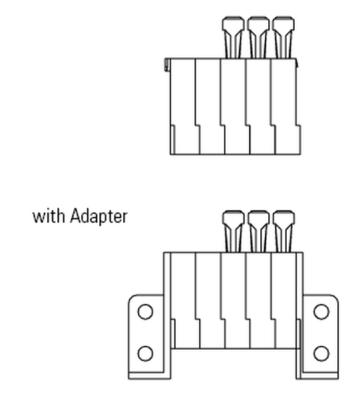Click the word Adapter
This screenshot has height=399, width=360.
[x=98, y=216]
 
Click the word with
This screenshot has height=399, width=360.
[x=49, y=217]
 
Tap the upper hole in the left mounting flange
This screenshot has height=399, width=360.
[x=145, y=311]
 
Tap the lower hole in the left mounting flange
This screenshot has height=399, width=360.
[x=145, y=354]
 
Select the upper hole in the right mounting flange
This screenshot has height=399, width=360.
[x=321, y=311]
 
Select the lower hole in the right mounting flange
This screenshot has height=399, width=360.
[x=321, y=354]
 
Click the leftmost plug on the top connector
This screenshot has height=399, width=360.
[x=233, y=37]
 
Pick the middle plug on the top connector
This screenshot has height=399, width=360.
[x=258, y=37]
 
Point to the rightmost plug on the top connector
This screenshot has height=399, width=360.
[x=283, y=37]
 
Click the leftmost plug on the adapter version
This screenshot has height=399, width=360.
[x=233, y=231]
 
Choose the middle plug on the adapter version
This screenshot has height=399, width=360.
[x=258, y=231]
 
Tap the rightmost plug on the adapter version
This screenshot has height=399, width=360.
[x=283, y=231]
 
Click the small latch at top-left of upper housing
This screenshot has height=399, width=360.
[x=167, y=65]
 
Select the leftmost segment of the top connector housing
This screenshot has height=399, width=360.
[x=184, y=106]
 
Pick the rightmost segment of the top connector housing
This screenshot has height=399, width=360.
[x=285, y=106]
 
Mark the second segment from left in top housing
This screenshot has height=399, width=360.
[x=210, y=106]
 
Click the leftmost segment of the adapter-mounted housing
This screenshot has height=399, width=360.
[x=184, y=301]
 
